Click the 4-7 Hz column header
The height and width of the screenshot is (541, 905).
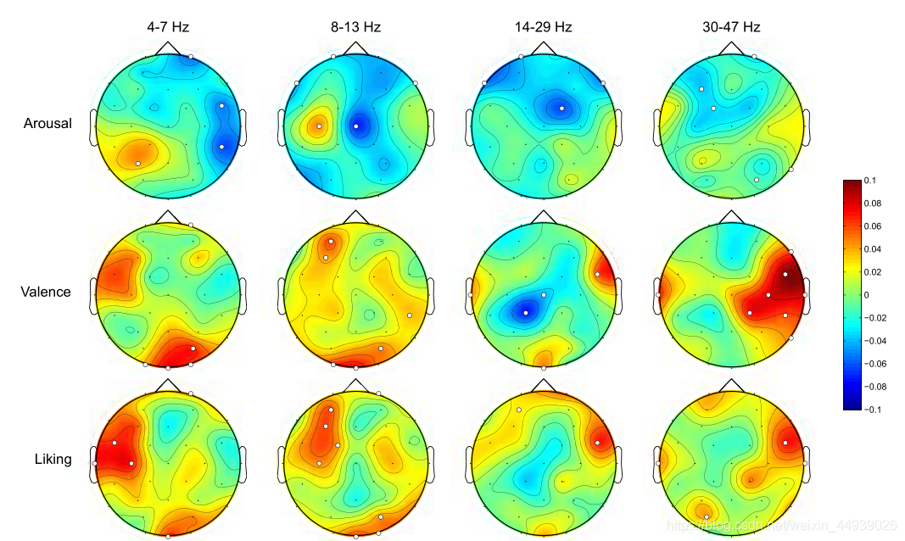coord(168,27)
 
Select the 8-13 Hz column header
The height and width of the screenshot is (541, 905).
coord(355,27)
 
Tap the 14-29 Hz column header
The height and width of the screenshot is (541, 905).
coord(543,27)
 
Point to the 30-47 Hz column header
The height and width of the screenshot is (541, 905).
coord(731,27)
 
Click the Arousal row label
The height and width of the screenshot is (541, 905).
coord(47,124)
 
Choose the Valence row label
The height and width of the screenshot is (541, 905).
coord(46,293)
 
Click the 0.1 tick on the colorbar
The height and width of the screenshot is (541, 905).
coord(870,181)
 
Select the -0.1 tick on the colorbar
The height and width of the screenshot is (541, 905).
coord(873,410)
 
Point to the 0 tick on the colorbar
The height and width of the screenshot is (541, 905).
coord(867,295)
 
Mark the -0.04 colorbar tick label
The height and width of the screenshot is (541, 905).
coord(875,341)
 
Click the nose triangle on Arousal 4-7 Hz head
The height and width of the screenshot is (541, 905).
coord(168,48)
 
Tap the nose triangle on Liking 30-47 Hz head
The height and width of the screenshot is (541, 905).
coord(731,386)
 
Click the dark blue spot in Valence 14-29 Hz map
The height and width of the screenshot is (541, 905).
coord(525,311)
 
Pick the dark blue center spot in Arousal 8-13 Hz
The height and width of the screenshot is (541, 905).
coord(356,126)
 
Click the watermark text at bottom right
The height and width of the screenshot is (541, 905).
coord(780,526)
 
